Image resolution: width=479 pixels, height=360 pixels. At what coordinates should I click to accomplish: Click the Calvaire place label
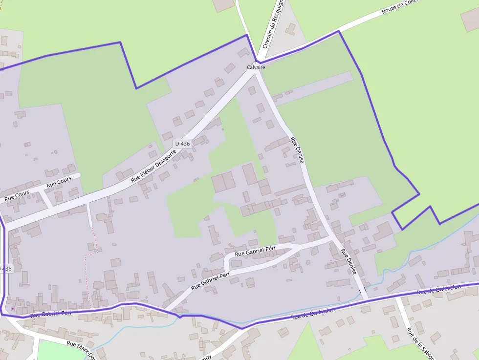[x=256, y=67]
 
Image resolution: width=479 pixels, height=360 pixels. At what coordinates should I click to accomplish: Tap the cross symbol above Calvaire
[x=256, y=62]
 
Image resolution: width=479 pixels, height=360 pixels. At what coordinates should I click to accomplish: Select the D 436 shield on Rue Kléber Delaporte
[x=182, y=144]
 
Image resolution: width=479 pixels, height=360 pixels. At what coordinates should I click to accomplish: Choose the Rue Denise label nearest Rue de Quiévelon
[x=349, y=262]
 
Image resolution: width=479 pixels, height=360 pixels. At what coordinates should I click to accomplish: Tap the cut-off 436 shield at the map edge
[x=5, y=269]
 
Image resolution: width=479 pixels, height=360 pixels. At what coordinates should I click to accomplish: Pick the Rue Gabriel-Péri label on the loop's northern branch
[x=255, y=252]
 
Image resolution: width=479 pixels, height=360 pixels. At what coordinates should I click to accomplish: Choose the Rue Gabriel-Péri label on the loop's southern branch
[x=210, y=281]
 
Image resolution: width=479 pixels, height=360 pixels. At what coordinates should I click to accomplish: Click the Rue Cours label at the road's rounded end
[x=59, y=182]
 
